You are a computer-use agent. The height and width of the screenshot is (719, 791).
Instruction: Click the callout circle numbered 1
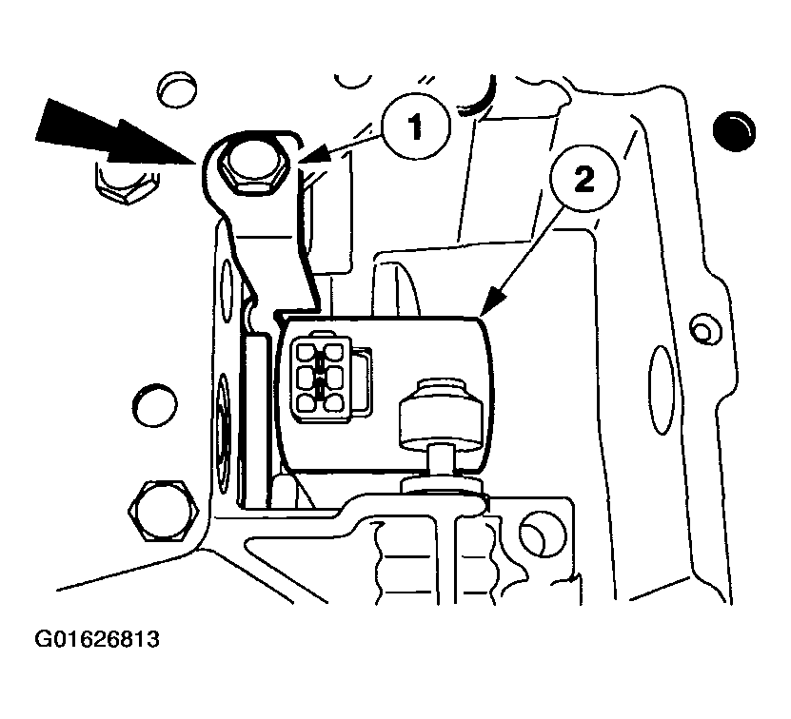pos(415,126)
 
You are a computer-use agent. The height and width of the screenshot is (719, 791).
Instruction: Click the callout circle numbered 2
pos(584,180)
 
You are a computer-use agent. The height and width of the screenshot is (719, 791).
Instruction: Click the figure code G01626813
pos(97,639)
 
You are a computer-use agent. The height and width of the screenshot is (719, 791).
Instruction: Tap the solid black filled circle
pos(734,130)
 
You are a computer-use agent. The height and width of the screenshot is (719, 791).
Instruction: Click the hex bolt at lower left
pos(164,511)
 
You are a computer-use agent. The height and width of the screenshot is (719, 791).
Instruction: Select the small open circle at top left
pos(176,90)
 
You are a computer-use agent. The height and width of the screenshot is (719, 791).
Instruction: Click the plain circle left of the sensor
pos(154,406)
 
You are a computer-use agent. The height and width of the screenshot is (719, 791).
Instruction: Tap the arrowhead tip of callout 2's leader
pos(482,315)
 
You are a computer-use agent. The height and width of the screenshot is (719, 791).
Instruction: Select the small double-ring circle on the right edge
pos(702,331)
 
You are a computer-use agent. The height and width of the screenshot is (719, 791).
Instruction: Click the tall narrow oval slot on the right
pos(661,390)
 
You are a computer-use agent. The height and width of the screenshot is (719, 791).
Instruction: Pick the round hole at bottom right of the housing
pos(542,534)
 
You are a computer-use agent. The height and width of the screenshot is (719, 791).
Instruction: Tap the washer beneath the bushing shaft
pos(443,485)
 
